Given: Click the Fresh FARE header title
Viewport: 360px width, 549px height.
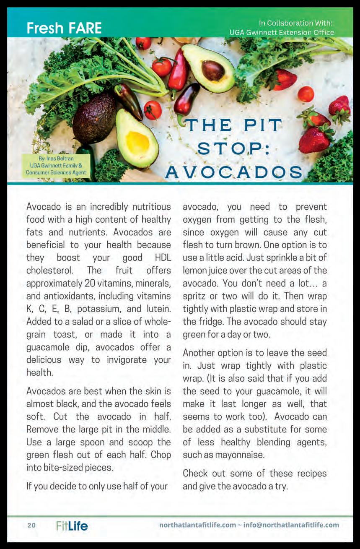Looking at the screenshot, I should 64,28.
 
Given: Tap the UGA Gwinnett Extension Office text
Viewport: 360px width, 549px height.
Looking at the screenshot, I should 282,32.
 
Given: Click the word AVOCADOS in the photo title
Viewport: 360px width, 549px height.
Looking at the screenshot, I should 234,172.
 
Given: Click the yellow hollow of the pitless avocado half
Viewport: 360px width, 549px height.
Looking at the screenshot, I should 137,142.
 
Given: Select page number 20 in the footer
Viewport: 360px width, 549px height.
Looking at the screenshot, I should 32,525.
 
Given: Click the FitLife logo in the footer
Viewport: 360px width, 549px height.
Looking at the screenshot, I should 72,526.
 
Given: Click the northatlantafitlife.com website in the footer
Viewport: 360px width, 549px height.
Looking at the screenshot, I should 198,525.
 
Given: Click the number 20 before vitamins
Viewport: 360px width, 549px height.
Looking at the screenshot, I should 89,283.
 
